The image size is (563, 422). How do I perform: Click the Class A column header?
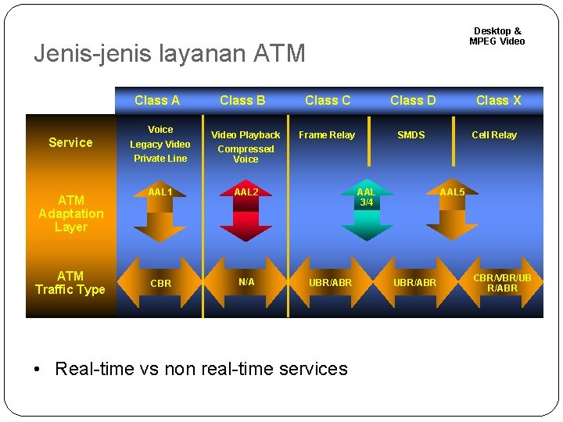[x=157, y=100]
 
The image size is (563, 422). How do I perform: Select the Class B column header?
[x=242, y=100]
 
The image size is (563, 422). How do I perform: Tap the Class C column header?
[x=328, y=100]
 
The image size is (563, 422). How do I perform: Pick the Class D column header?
[x=413, y=100]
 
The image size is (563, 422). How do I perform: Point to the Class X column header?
[x=498, y=100]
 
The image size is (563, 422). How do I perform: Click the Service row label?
[x=70, y=142]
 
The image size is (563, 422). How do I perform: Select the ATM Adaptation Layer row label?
[x=70, y=213]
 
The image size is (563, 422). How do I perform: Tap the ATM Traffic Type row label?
[x=70, y=282]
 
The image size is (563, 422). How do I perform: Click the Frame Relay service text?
[x=327, y=135]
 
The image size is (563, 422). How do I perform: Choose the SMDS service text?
[x=411, y=135]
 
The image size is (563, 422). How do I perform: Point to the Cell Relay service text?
[x=494, y=135]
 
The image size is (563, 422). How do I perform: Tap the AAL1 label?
[x=160, y=192]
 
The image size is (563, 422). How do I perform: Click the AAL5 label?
[x=452, y=192]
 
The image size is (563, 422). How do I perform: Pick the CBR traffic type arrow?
[x=160, y=283]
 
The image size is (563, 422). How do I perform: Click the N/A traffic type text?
[x=246, y=281]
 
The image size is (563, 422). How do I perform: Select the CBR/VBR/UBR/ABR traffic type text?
[x=502, y=283]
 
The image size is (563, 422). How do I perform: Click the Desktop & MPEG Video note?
[x=497, y=36]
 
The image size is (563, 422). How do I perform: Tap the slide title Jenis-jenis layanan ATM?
[x=170, y=54]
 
